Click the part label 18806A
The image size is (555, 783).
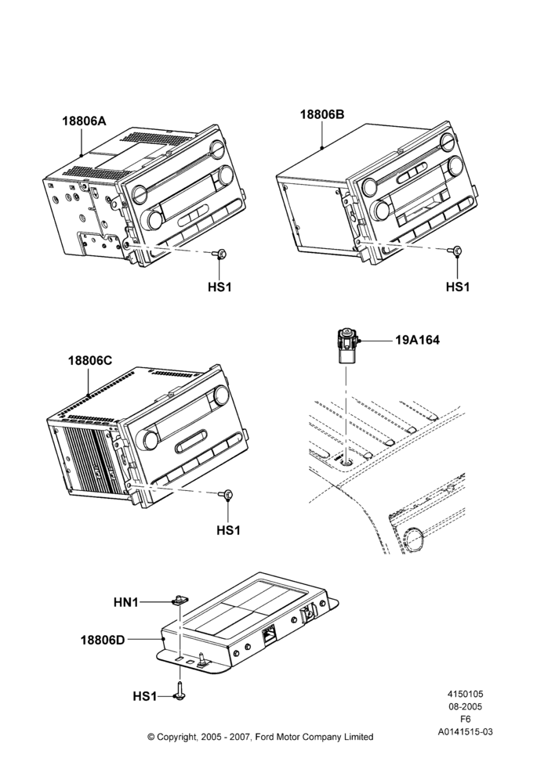pyautogui.click(x=84, y=121)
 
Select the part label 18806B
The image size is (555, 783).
pyautogui.click(x=322, y=114)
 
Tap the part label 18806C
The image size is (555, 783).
pyautogui.click(x=90, y=360)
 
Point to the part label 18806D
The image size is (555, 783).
pyautogui.click(x=103, y=639)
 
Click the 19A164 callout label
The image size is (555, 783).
pyautogui.click(x=418, y=340)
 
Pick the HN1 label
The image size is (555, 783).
pyautogui.click(x=126, y=603)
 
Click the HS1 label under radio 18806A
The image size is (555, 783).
pyautogui.click(x=219, y=287)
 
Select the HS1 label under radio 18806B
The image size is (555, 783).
pyautogui.click(x=458, y=287)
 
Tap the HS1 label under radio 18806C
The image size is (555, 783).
pyautogui.click(x=228, y=530)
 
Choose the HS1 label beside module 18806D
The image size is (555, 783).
pyautogui.click(x=145, y=696)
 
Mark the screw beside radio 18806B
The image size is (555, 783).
pyautogui.click(x=456, y=251)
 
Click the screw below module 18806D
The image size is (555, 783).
pyautogui.click(x=179, y=693)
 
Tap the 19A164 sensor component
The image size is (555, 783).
pyautogui.click(x=346, y=345)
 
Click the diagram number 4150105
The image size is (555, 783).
pyautogui.click(x=465, y=694)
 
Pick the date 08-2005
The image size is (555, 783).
pyautogui.click(x=465, y=706)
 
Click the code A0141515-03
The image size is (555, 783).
pyautogui.click(x=465, y=732)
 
